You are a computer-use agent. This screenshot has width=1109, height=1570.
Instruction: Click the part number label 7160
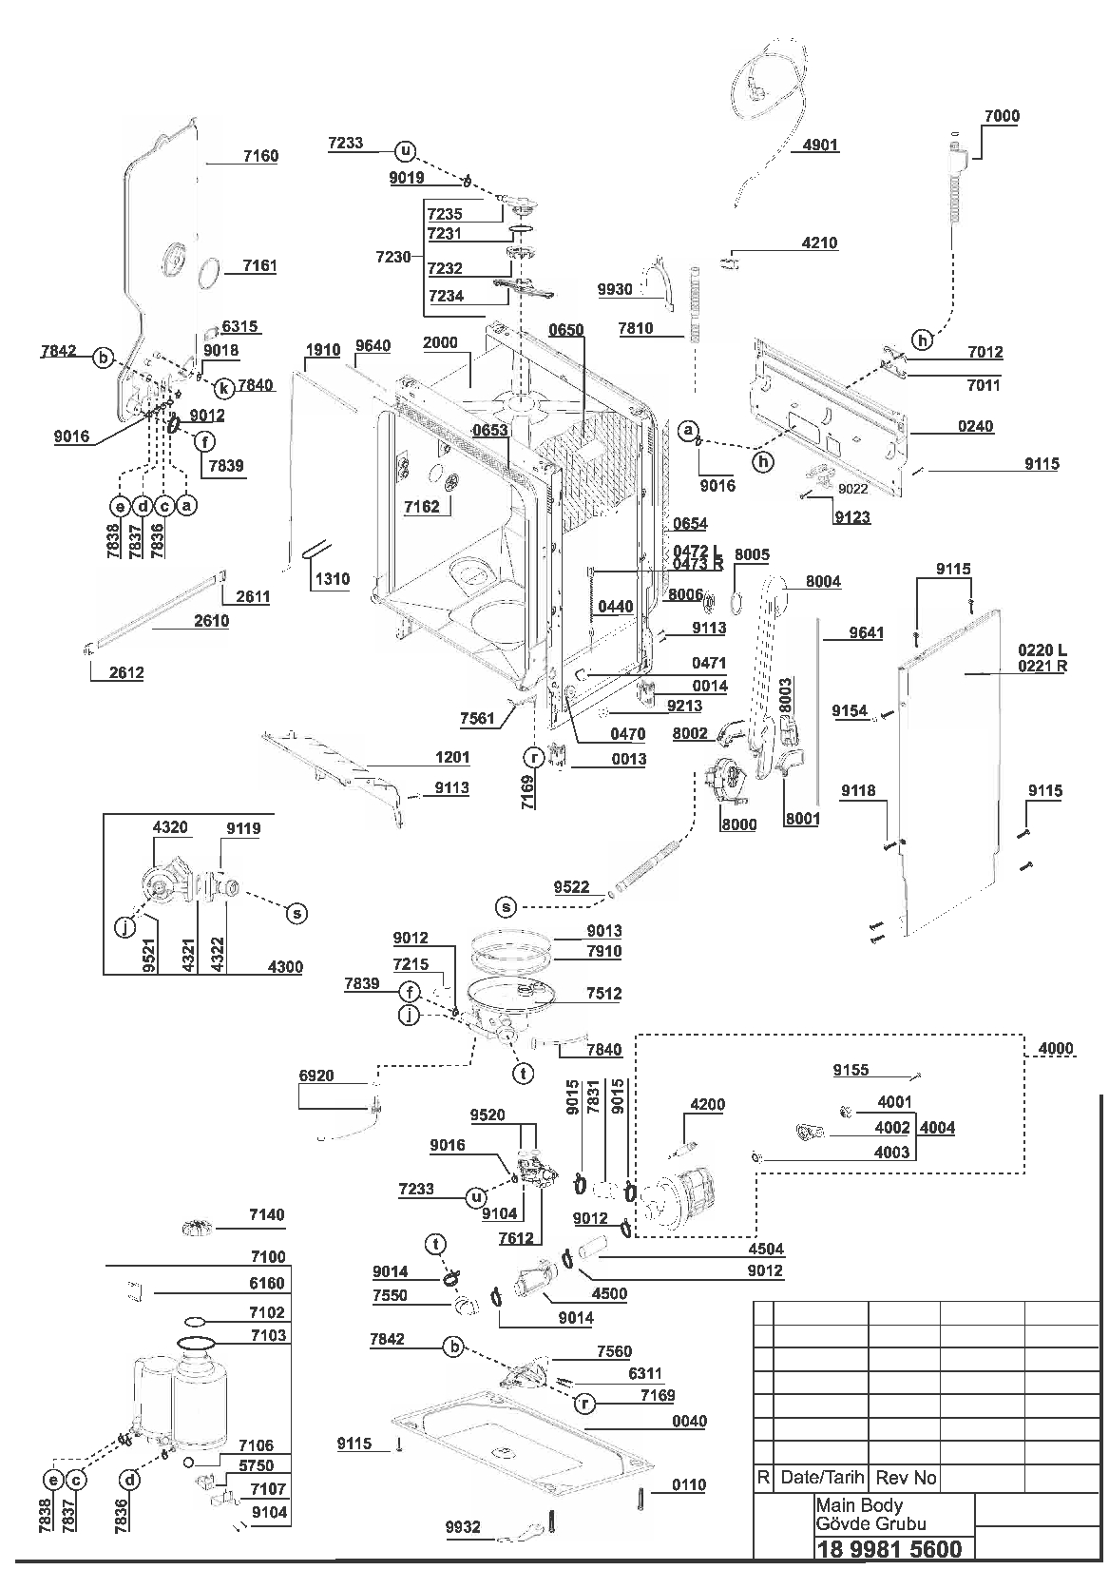[260, 156]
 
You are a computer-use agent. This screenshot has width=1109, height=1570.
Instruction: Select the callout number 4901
[820, 145]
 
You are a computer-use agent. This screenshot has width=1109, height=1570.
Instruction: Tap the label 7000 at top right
[1002, 116]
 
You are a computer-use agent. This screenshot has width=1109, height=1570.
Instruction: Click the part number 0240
[975, 426]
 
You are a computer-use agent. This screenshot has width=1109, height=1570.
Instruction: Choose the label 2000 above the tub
[440, 342]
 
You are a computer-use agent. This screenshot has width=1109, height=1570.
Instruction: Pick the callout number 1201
[451, 757]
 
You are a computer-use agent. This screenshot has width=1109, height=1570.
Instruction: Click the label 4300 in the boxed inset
[285, 966]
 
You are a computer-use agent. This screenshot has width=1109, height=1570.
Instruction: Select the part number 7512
[603, 993]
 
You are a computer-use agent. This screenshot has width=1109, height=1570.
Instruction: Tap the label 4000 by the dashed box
[1056, 1049]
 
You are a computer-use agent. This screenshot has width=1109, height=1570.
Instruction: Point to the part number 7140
[267, 1214]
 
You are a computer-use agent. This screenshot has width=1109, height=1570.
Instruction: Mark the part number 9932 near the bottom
[463, 1526]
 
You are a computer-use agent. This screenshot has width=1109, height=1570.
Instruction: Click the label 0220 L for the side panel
[1042, 649]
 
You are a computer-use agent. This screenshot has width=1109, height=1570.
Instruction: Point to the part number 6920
[315, 1076]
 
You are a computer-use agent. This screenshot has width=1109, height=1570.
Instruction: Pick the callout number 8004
[823, 581]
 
